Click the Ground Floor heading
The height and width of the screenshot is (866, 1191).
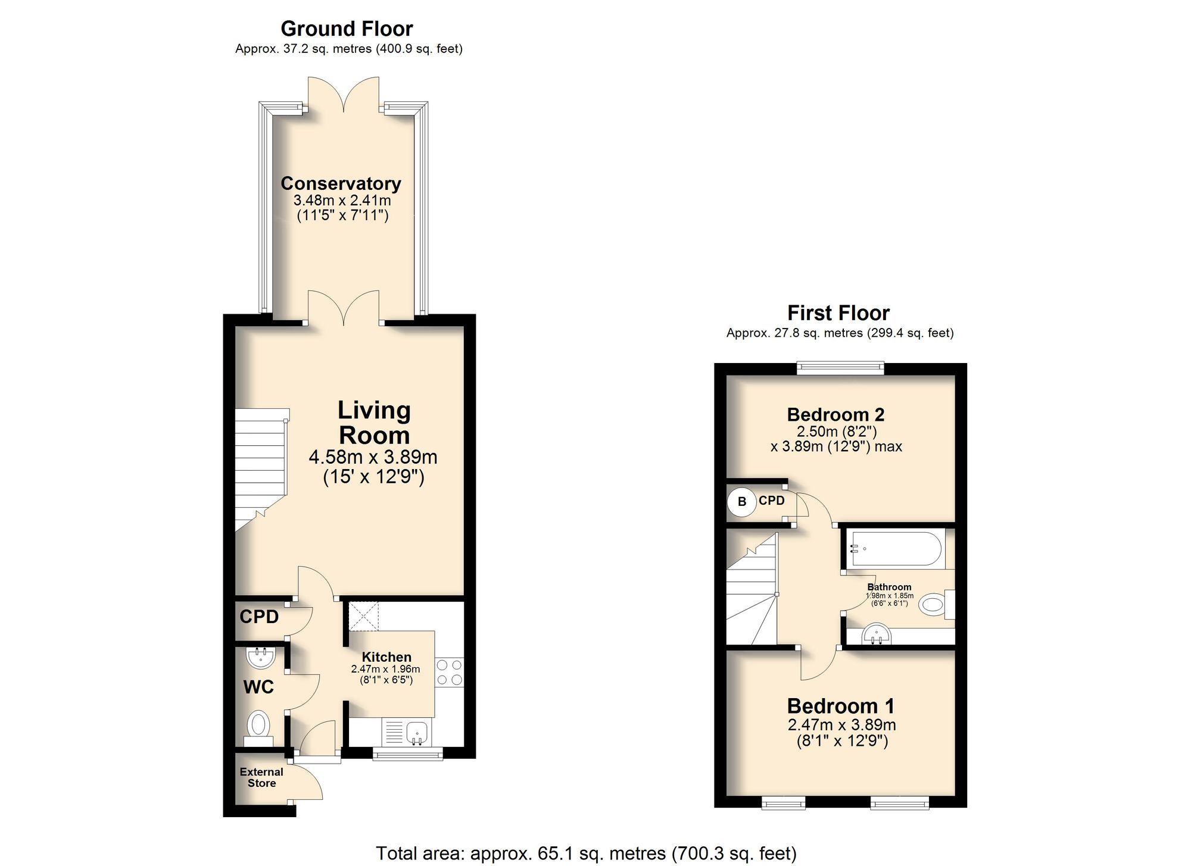pos(347,29)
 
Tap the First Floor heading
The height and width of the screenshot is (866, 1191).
pos(838,313)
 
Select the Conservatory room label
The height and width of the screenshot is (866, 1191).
pos(341,183)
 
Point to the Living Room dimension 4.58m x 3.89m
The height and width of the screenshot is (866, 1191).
pos(373,457)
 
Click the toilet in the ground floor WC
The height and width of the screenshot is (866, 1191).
pos(258,726)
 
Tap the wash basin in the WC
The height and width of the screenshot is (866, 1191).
pos(260,658)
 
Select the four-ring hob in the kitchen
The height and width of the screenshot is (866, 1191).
pos(450,672)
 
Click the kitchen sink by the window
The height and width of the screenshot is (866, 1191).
pos(417,732)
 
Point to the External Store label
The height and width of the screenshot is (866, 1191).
pos(261,777)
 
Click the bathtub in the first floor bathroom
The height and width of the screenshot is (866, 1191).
pos(896,548)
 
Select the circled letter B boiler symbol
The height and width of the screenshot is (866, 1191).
pos(742,502)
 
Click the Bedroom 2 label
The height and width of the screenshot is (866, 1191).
pos(835,414)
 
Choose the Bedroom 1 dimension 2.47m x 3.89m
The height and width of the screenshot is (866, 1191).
pos(841,725)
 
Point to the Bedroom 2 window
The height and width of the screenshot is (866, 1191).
pos(840,368)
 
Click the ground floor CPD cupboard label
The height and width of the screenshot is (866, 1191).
pos(259,617)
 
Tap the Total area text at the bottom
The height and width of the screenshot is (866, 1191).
pos(585,853)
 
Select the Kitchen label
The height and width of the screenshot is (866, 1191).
pos(386,657)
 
